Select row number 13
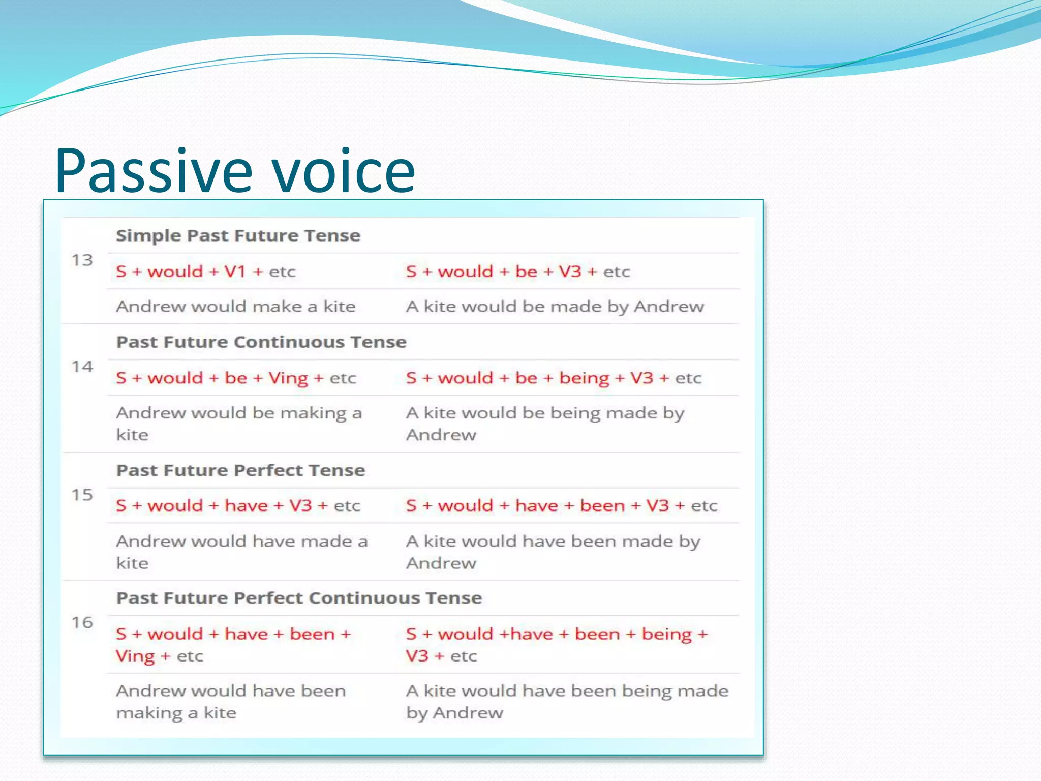point(82,260)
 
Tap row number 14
point(82,367)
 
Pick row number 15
point(82,495)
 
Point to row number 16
point(82,622)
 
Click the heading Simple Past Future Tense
point(238,236)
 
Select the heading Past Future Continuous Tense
point(261,342)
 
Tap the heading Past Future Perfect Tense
point(240,470)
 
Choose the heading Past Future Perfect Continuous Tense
point(299,598)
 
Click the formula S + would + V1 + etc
point(205,272)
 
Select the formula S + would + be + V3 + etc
point(517,272)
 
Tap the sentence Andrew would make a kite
point(235,307)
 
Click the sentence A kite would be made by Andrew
point(555,307)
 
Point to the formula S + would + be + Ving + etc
point(235,378)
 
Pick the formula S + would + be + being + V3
point(553,378)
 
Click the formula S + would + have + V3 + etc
point(238,506)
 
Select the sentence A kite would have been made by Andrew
point(553,552)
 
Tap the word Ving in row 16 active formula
point(135,656)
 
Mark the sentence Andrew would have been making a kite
point(230,702)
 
